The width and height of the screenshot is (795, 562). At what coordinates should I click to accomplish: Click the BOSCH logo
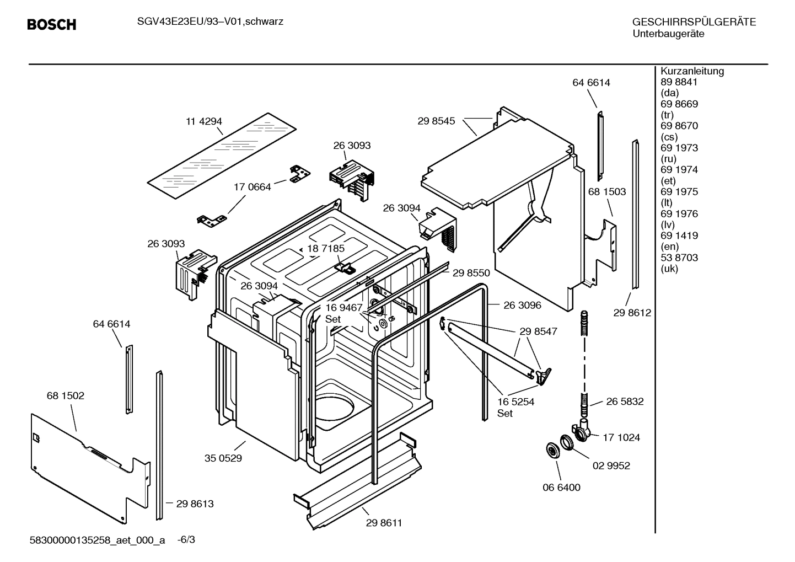(x=51, y=25)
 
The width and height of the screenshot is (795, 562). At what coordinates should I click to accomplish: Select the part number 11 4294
(x=203, y=121)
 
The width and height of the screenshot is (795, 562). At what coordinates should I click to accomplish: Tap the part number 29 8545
(x=436, y=121)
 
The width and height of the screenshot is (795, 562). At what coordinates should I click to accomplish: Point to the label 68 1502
(x=66, y=395)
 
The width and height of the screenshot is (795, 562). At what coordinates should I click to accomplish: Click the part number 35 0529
(x=223, y=458)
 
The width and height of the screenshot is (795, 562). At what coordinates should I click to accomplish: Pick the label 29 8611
(x=384, y=522)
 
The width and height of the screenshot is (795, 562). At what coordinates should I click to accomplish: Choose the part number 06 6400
(x=561, y=487)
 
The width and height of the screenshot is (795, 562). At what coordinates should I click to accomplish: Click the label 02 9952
(x=611, y=465)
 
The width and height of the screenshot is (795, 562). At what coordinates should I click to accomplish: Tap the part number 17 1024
(x=621, y=437)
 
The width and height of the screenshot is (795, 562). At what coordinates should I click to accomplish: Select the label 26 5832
(x=625, y=402)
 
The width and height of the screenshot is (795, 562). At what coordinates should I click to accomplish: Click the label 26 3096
(x=522, y=305)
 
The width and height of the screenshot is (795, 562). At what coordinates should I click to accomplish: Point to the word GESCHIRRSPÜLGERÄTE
(x=694, y=23)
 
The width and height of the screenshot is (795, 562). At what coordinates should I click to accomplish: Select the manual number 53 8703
(x=679, y=258)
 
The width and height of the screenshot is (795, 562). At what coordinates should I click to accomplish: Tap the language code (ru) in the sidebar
(x=668, y=159)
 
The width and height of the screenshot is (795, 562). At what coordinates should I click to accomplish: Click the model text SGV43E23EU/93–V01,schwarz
(x=202, y=22)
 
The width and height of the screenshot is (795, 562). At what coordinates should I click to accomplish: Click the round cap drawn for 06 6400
(x=551, y=450)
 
